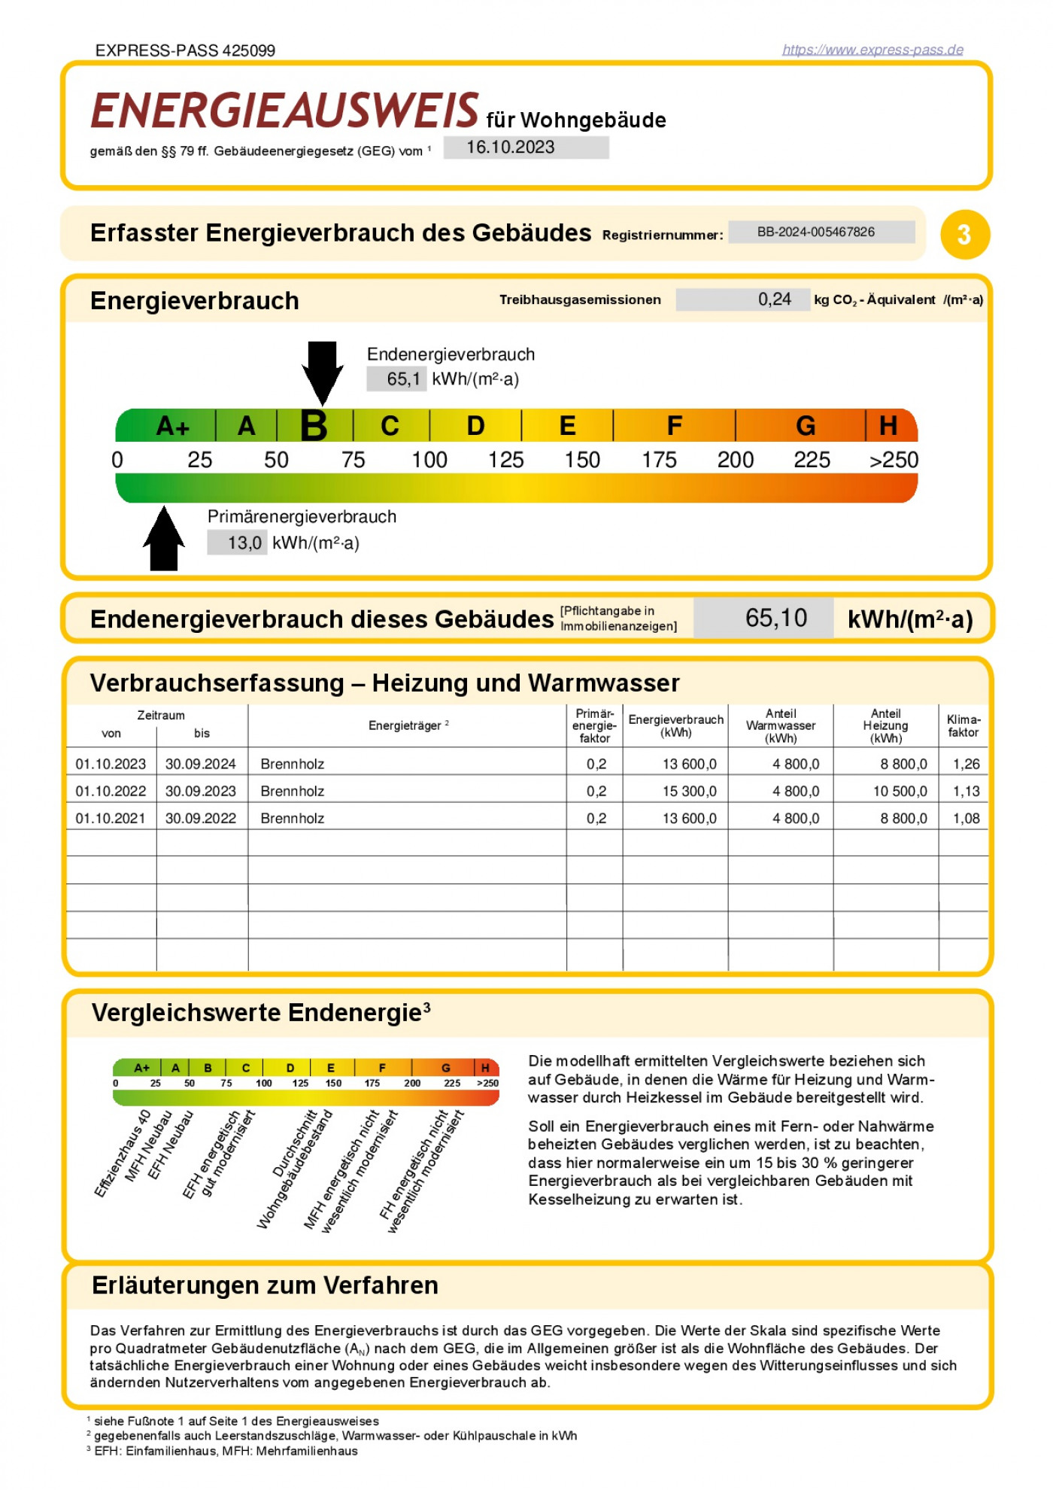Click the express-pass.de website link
[x=872, y=50]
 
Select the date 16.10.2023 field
[x=526, y=147]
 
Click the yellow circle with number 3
[x=964, y=235]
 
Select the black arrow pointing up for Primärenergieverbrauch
[x=164, y=539]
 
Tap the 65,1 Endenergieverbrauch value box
[x=396, y=379]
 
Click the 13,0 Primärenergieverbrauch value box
[x=237, y=543]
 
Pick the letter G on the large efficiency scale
[x=806, y=426]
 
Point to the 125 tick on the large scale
[x=505, y=460]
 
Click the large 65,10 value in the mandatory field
[x=775, y=618]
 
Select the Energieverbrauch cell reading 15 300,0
[x=689, y=791]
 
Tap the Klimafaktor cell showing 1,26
[x=966, y=764]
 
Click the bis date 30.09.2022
[x=200, y=818]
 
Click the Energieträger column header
[x=407, y=725]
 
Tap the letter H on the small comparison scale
[x=485, y=1067]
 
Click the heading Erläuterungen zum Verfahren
[x=265, y=1285]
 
